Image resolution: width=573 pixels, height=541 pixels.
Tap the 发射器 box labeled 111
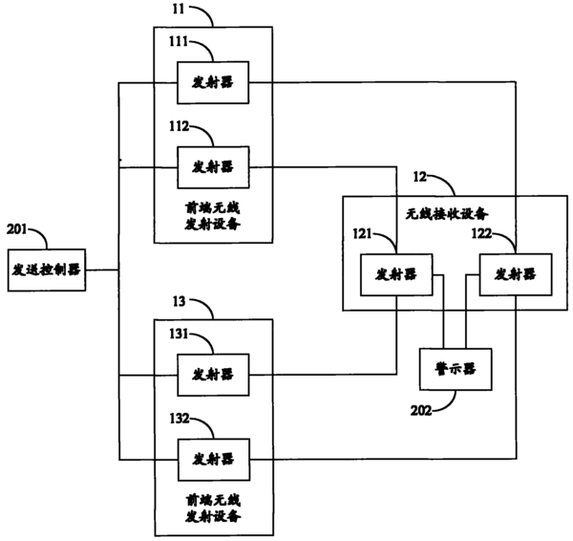pos(212,84)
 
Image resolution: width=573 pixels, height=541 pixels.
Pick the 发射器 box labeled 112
pos(212,166)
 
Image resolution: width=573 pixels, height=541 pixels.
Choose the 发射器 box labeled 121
pos(395,274)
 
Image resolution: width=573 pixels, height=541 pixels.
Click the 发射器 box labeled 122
pos(514,274)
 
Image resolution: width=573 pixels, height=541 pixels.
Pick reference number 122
pos(482,233)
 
